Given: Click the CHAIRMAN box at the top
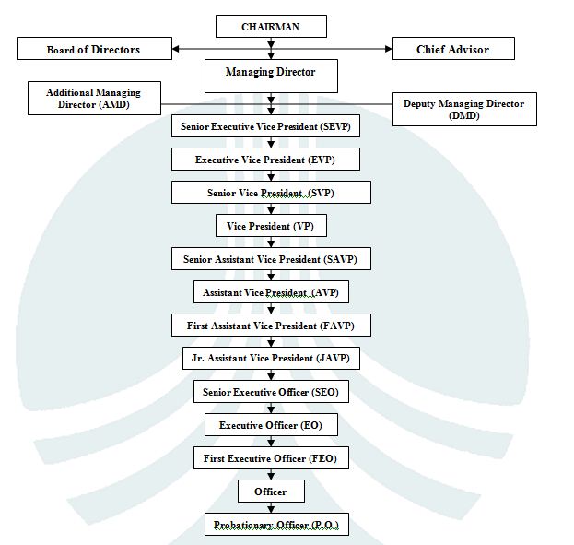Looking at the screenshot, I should (x=270, y=27).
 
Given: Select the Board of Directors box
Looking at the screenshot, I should (x=95, y=49).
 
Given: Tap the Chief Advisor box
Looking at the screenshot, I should (x=452, y=49).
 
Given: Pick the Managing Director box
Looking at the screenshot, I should (x=270, y=74).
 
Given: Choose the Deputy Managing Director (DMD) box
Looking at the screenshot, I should (x=463, y=110).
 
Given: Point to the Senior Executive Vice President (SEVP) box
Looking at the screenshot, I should (x=265, y=126).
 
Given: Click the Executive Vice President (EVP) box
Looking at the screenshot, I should (x=265, y=160).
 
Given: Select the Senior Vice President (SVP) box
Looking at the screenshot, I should (x=271, y=193).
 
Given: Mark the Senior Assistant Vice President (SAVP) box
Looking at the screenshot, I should (x=270, y=259).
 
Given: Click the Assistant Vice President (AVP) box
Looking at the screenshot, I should (x=271, y=292).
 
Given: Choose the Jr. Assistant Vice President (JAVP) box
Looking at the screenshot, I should (x=270, y=358).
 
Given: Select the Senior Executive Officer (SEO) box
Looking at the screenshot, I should (x=271, y=392).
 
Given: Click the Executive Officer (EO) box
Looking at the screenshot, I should (x=271, y=425).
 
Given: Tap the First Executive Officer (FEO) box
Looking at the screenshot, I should (x=271, y=458).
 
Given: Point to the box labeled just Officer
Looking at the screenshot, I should (x=271, y=492).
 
